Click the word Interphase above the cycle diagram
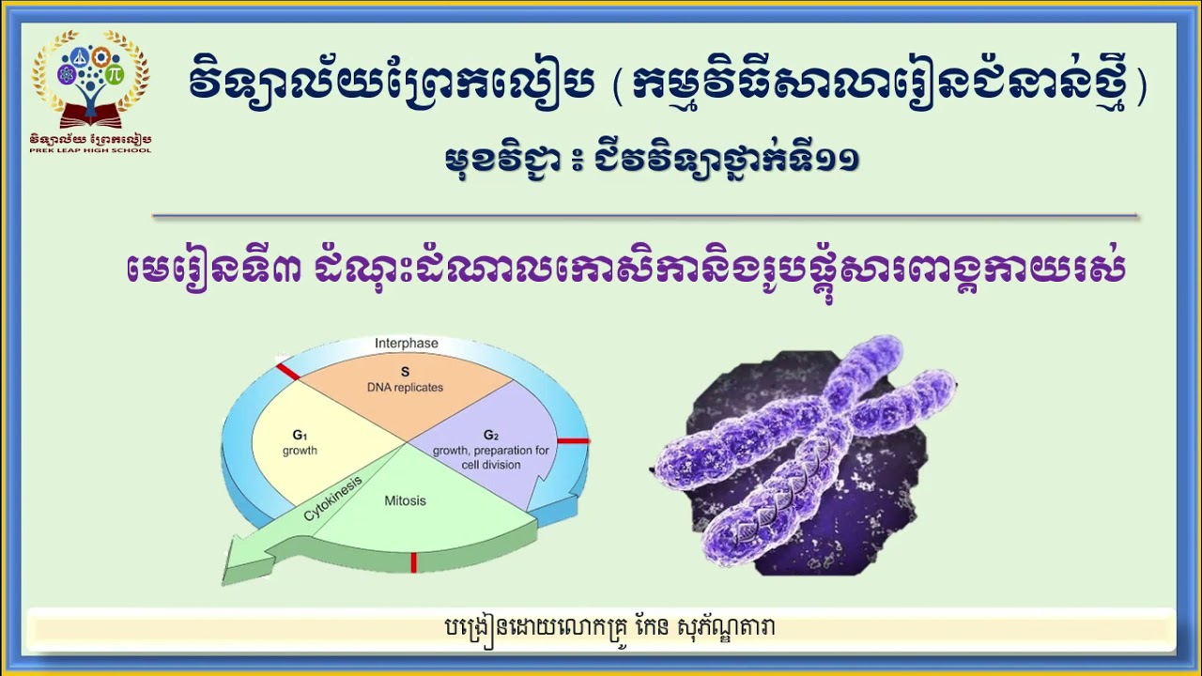click(406, 344)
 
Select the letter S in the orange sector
click(405, 372)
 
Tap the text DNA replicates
click(405, 388)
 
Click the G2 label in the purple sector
click(490, 435)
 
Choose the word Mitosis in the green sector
click(405, 500)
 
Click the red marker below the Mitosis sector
click(413, 562)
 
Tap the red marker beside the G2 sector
click(573, 440)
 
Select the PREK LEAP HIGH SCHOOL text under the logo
click(90, 149)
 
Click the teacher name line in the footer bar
click(610, 627)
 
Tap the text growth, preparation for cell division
click(490, 457)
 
